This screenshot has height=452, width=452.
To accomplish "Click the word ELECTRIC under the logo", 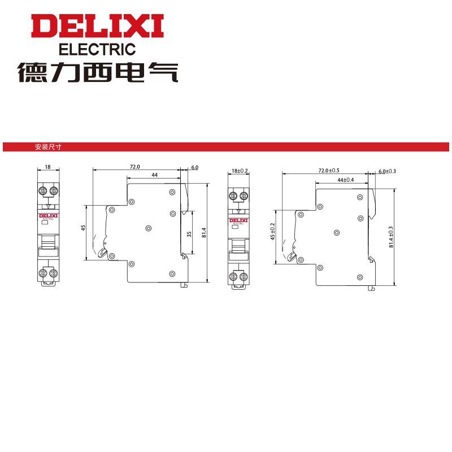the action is (97, 49).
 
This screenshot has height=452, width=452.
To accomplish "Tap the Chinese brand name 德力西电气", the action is (97, 72).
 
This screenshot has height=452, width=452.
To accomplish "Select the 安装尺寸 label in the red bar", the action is (48, 147).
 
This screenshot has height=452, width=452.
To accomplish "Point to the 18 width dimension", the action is (47, 167).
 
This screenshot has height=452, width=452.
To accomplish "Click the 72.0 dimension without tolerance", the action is (134, 167).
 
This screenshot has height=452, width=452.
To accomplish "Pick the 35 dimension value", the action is (189, 233).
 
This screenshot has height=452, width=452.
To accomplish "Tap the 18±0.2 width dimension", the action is (240, 171).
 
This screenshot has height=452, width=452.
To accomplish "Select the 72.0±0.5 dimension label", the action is (329, 170).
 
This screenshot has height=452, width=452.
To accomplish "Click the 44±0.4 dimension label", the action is (345, 179).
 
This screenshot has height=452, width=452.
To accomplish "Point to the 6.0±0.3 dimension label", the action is (387, 171).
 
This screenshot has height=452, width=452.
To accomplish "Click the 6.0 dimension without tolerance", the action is (195, 167).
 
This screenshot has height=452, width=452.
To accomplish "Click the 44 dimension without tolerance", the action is (154, 176).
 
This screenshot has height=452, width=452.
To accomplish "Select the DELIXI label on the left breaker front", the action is (48, 215).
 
